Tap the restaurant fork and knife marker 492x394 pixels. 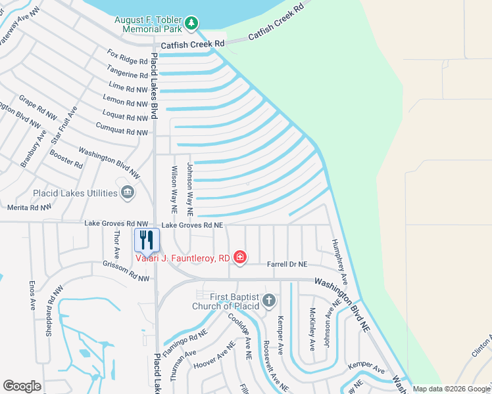point(147,240)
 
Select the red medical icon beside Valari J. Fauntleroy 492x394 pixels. point(240,257)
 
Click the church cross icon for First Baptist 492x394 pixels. point(268,301)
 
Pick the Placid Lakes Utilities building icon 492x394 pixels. point(128,193)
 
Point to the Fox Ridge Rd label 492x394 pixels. point(128,62)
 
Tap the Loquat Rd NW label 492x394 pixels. point(125,118)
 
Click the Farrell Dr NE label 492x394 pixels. point(287,264)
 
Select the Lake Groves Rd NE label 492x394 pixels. point(193,225)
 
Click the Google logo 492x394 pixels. point(22,386)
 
